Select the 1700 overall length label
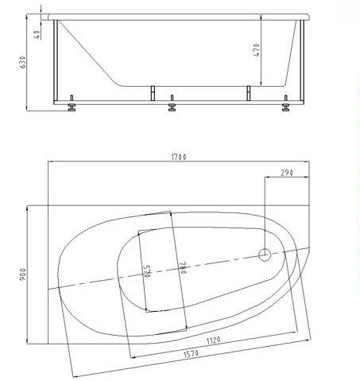click(x=178, y=157)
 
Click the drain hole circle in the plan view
click(x=264, y=255)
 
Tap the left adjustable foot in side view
click(x=72, y=107)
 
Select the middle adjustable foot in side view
click(x=172, y=106)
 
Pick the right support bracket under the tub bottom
click(x=248, y=92)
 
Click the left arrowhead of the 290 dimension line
click(x=265, y=177)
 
